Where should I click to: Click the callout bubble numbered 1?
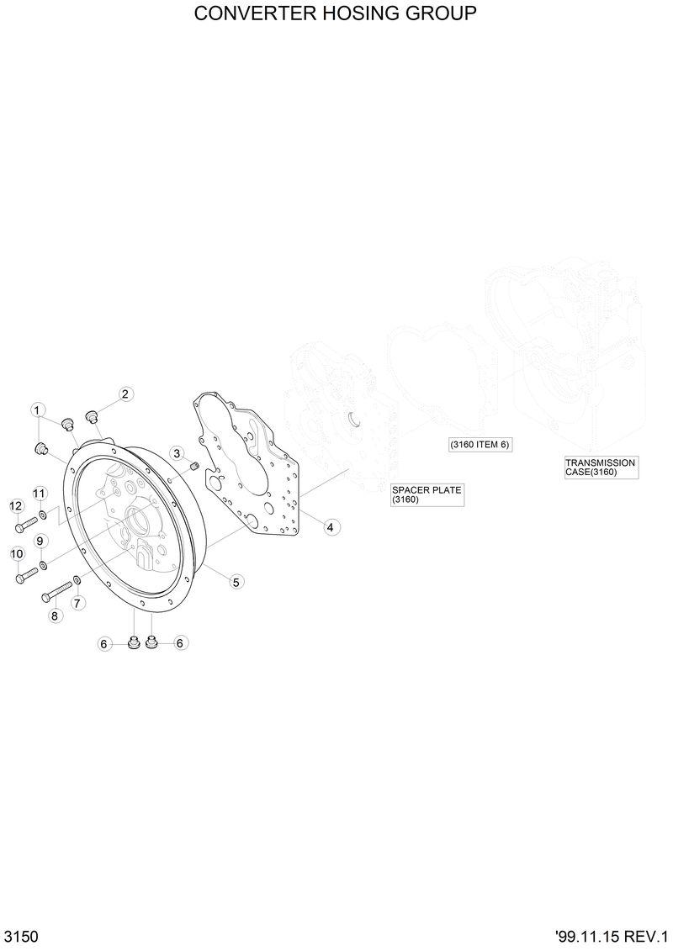tap(37, 409)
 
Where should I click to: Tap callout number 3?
tap(177, 453)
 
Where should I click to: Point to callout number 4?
tap(330, 527)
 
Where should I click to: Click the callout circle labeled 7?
tap(77, 603)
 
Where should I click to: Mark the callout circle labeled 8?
tap(55, 616)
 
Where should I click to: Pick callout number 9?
tap(39, 540)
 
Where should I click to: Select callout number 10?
tap(16, 553)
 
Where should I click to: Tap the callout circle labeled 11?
tap(39, 493)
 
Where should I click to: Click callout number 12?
tap(16, 505)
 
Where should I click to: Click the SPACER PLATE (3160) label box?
tap(427, 495)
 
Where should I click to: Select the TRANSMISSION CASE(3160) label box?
tap(601, 468)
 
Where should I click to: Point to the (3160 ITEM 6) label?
tap(480, 444)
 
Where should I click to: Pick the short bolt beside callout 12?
tap(25, 526)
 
